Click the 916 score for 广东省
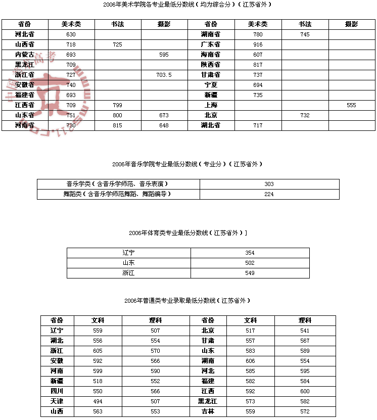(x=258, y=44)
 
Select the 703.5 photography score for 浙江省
(x=164, y=75)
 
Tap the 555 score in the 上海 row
(x=351, y=105)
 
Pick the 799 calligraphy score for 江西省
(x=117, y=105)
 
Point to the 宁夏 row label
(x=211, y=85)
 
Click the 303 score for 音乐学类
(x=269, y=184)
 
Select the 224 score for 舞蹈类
(x=269, y=194)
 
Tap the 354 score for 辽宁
(x=250, y=253)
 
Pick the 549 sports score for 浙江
(x=250, y=273)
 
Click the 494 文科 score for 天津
(x=98, y=401)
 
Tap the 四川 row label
(x=57, y=391)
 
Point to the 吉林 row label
(x=208, y=411)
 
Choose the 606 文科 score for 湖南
(x=250, y=361)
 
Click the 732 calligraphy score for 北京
(x=305, y=115)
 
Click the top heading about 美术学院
(x=188, y=4)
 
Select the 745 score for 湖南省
(x=305, y=34)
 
